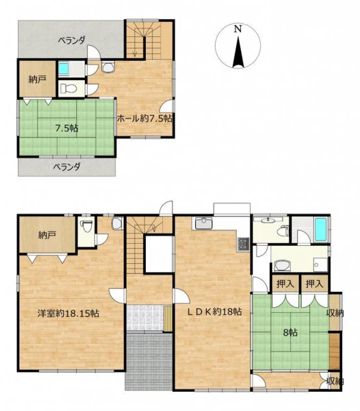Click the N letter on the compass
[237, 29]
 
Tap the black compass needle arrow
[238, 52]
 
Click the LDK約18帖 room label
[214, 312]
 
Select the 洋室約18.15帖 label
[68, 313]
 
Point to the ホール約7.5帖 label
[144, 119]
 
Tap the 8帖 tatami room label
[290, 333]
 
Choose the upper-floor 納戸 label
[38, 79]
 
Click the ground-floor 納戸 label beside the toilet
[47, 235]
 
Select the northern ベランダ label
[71, 40]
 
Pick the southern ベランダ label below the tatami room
[67, 166]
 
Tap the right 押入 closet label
[313, 284]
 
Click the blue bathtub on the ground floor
[321, 229]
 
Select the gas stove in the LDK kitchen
[243, 244]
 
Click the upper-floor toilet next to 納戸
[68, 88]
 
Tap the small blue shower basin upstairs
[63, 68]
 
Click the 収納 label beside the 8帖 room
[335, 313]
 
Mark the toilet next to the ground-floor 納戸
[86, 226]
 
